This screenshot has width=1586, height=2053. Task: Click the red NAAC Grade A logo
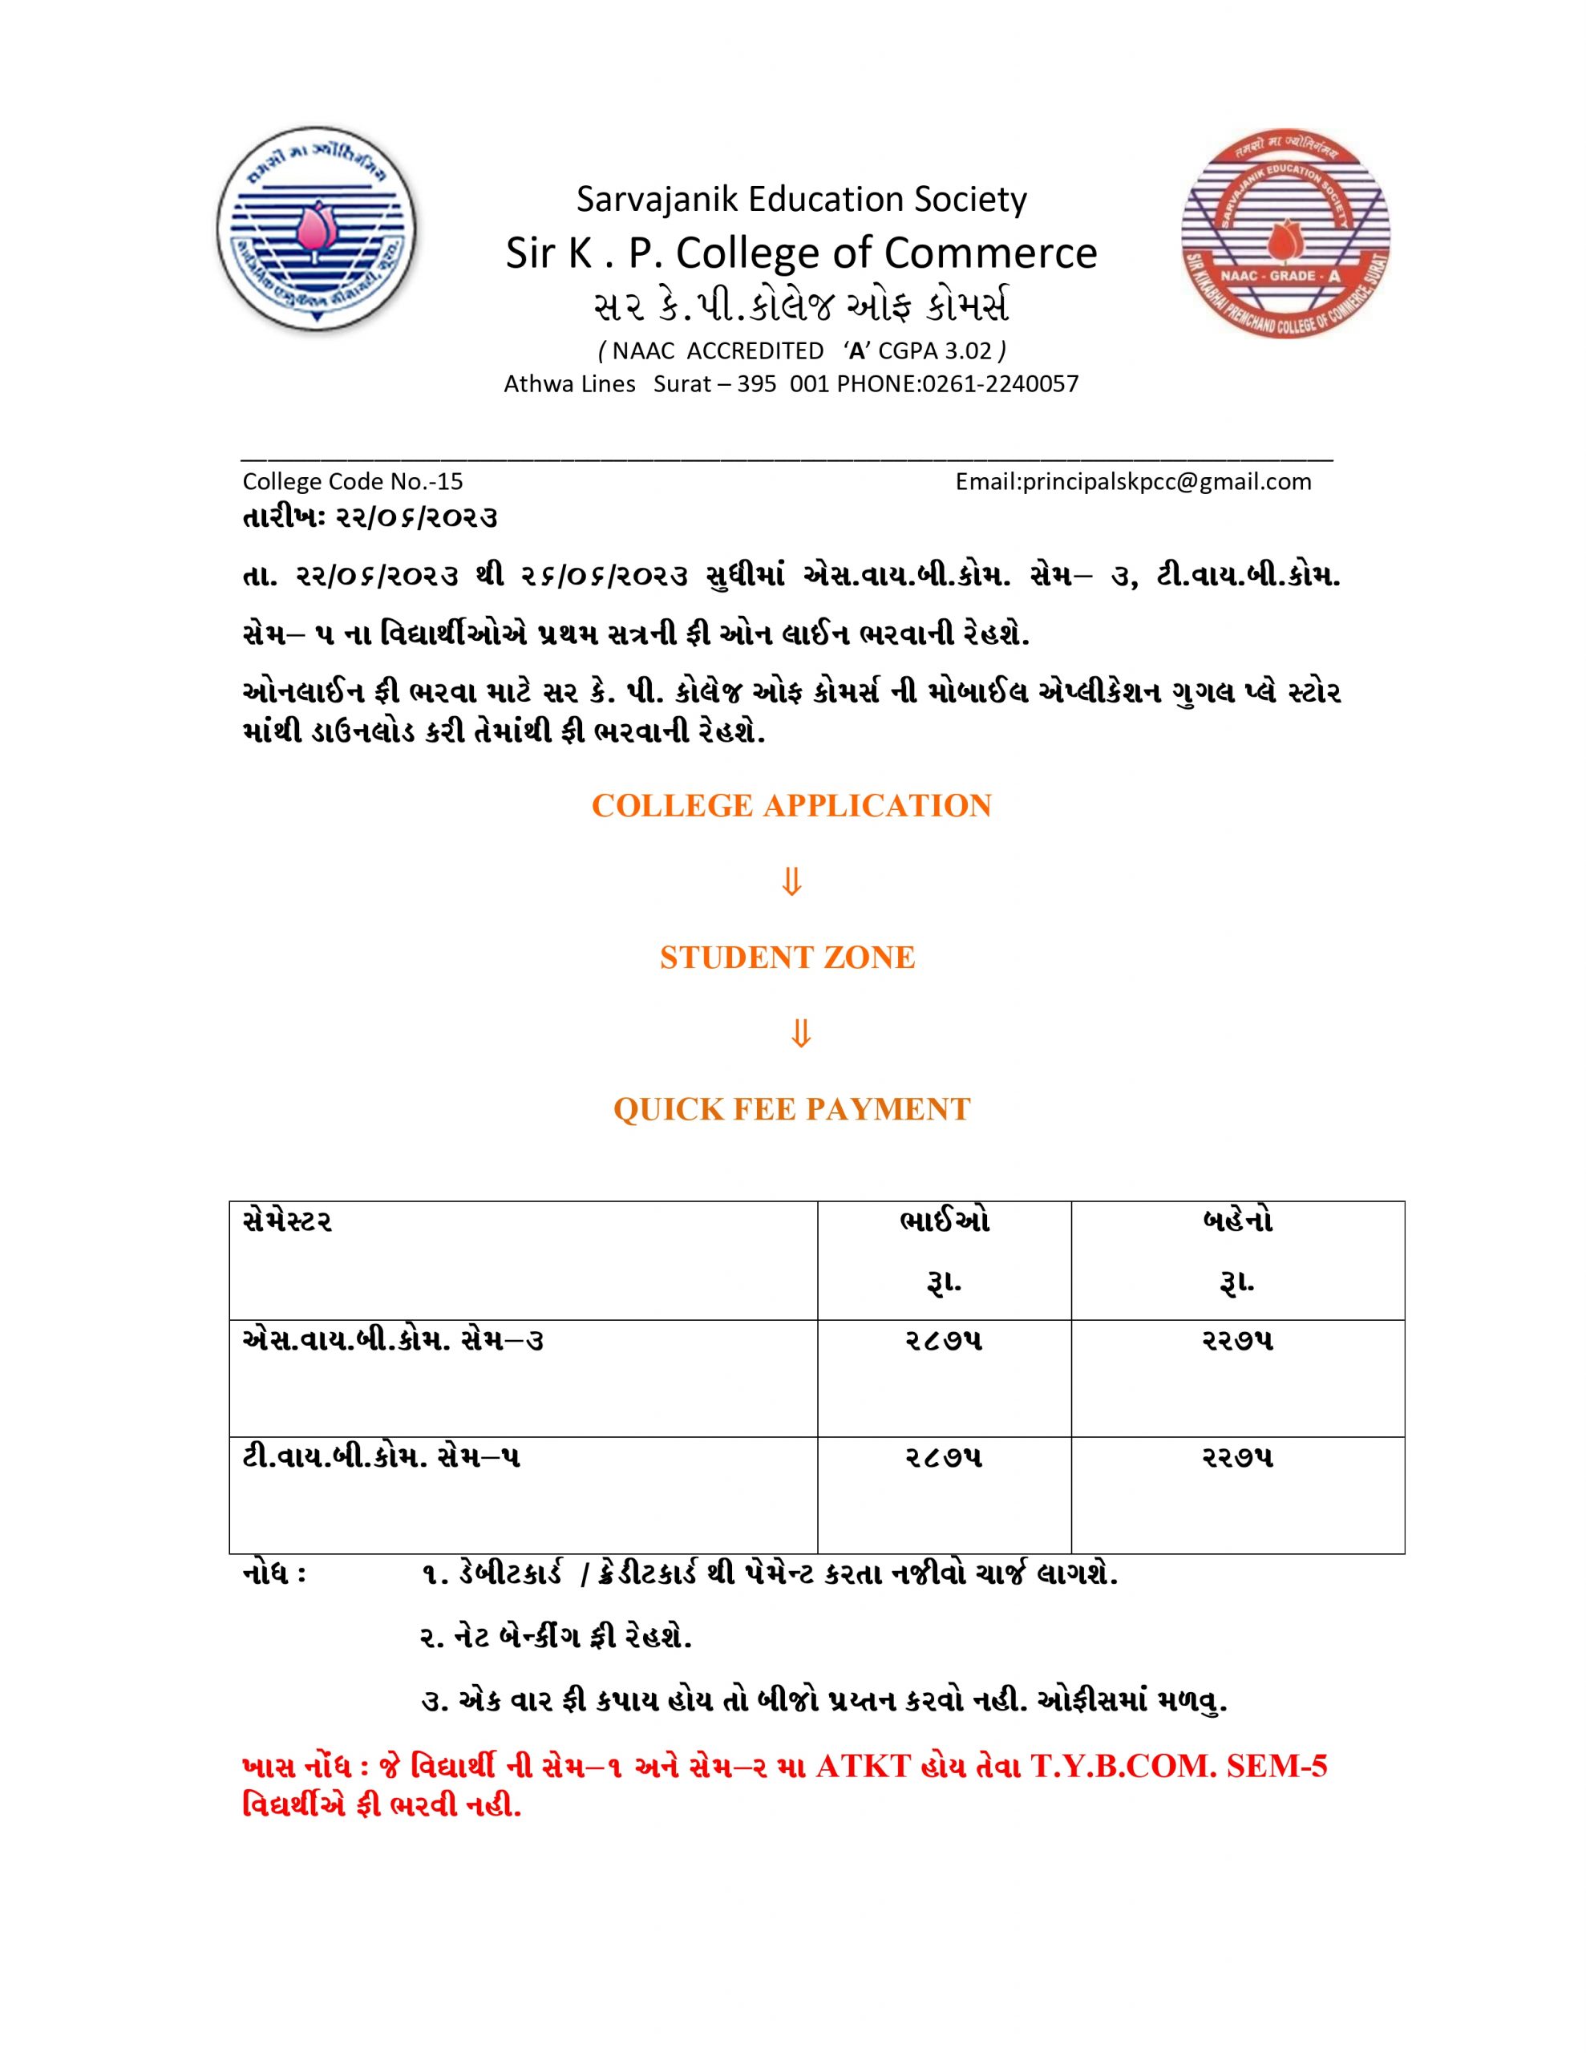(1285, 236)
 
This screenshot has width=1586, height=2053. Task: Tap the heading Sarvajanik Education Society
(801, 199)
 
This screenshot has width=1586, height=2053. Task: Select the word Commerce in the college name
(990, 253)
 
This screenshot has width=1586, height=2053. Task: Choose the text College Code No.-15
(353, 481)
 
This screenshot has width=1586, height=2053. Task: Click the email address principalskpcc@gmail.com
(1133, 481)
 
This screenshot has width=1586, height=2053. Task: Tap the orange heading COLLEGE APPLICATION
(791, 806)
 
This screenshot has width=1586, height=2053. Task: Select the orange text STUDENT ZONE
(787, 957)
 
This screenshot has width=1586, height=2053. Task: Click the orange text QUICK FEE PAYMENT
(791, 1109)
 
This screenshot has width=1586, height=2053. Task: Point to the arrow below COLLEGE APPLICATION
(791, 881)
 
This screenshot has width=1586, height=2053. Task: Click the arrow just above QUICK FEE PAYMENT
(800, 1033)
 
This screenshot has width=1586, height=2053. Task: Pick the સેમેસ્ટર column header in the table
(287, 1222)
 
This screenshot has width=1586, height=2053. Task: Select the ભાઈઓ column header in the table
(944, 1222)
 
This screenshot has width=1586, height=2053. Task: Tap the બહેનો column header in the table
(1237, 1222)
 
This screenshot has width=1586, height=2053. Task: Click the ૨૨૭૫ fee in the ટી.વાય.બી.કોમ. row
(1237, 1458)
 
